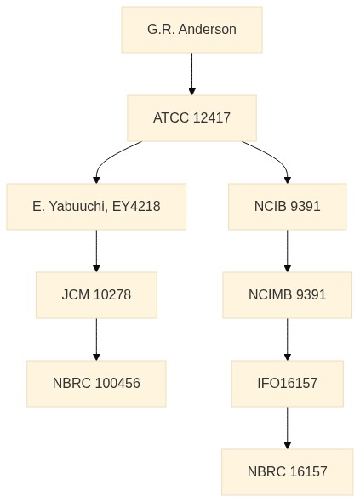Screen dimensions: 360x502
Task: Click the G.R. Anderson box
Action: (191, 30)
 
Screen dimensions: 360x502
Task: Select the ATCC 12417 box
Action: (191, 117)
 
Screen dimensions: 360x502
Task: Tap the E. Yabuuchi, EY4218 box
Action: (96, 207)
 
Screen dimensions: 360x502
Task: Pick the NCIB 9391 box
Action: (288, 207)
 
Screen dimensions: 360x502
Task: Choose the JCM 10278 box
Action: (96, 295)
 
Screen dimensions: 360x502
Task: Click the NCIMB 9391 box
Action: (288, 295)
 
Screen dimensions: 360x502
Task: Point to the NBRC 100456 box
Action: (96, 384)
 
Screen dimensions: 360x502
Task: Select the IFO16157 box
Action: (288, 384)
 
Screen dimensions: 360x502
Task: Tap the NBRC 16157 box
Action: (288, 472)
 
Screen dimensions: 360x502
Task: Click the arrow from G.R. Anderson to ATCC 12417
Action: (191, 74)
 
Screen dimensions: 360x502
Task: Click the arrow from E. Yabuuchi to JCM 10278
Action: (96, 251)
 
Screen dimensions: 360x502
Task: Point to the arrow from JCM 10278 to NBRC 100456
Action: (96, 339)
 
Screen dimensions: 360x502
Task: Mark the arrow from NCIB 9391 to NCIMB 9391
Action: (288, 251)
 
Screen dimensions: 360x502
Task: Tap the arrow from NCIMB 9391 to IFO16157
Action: (288, 339)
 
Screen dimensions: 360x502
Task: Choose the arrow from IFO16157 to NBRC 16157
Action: (288, 428)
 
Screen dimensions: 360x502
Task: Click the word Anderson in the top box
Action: (207, 30)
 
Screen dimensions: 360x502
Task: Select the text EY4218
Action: (136, 207)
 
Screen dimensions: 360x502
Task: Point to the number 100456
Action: (117, 384)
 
